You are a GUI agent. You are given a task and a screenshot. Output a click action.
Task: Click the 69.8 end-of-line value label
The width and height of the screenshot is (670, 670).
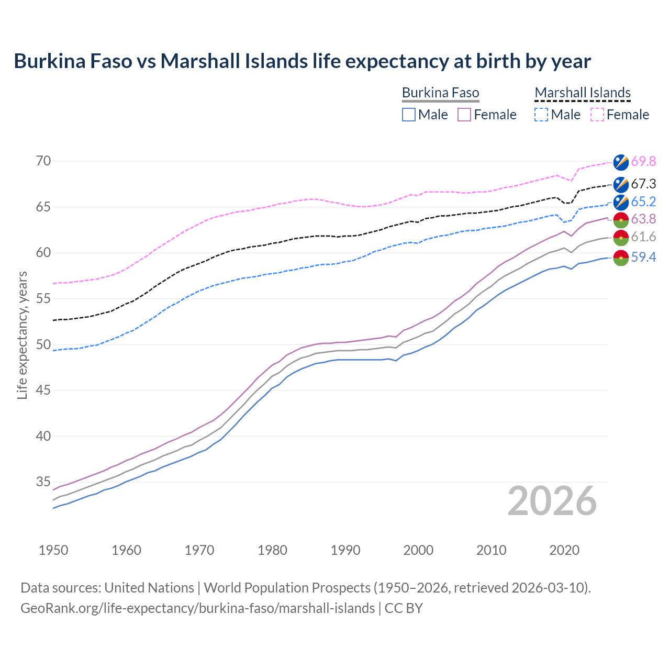[643, 162]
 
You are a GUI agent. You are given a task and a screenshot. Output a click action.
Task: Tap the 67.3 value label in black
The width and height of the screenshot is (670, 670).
[643, 184]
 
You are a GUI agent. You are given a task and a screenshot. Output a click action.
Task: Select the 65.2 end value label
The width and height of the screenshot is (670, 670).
[643, 202]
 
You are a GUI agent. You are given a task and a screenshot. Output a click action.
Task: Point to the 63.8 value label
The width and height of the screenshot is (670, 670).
[643, 219]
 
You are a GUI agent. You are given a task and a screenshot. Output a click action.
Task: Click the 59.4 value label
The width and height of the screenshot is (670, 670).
[643, 258]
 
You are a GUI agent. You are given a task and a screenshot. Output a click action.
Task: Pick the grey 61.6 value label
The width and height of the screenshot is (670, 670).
[643, 237]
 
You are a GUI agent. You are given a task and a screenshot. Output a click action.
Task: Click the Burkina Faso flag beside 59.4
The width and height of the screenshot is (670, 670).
[621, 258]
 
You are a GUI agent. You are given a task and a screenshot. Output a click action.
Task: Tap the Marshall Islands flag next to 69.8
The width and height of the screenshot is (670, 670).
[621, 162]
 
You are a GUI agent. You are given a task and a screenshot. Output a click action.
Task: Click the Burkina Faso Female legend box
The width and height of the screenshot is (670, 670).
[464, 115]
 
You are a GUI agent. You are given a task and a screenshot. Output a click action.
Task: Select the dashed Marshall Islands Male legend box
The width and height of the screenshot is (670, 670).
[541, 115]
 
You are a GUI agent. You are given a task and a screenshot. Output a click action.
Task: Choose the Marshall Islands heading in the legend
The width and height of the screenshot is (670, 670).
[583, 93]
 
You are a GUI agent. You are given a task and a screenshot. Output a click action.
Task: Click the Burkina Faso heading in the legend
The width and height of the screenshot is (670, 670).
[440, 93]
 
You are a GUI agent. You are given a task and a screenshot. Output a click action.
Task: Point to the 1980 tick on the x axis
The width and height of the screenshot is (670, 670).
[272, 550]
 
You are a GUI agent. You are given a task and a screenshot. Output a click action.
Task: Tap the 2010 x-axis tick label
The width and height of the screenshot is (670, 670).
[491, 550]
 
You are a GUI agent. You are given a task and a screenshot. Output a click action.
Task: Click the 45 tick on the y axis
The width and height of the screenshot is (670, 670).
[43, 390]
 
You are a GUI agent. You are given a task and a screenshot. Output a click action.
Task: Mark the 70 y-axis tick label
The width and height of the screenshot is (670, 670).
[43, 161]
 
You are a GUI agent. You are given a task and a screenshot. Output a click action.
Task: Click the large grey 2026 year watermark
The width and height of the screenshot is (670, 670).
[552, 501]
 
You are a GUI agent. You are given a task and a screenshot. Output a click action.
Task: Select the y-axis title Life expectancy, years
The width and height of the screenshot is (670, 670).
[23, 335]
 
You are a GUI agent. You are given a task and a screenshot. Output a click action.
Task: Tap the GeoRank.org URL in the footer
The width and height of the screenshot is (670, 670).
[197, 608]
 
